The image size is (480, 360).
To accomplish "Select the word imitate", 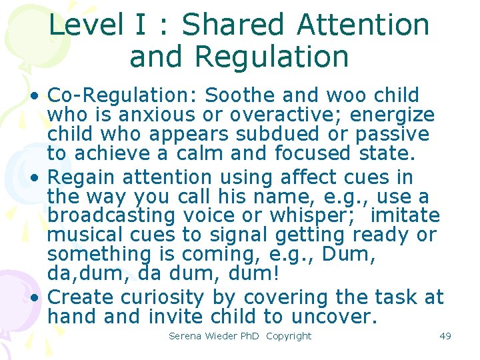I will tap(405, 216).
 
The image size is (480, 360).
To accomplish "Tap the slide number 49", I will tap(445, 336).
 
